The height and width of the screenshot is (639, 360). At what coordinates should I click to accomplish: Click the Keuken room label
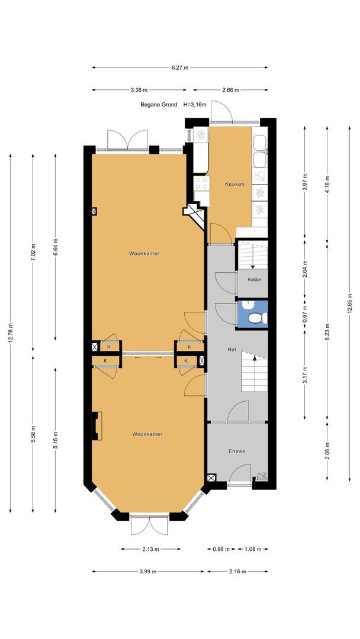(x=234, y=184)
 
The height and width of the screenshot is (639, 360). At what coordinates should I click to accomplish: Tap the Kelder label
(x=255, y=279)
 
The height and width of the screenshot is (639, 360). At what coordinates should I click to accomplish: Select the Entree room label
(x=236, y=451)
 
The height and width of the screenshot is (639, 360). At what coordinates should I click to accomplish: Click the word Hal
(x=233, y=349)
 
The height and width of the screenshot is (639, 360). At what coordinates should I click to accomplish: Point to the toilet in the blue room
(x=257, y=318)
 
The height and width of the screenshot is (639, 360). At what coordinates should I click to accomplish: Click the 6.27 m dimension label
(x=180, y=67)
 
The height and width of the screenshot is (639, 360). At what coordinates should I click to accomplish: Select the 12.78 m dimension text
(x=11, y=333)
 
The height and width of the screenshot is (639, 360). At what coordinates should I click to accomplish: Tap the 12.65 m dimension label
(x=349, y=303)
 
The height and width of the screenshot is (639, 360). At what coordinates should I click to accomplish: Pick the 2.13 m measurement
(x=150, y=549)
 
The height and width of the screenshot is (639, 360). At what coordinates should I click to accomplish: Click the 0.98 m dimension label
(x=221, y=549)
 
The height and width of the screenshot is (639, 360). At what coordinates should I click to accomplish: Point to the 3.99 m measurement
(x=147, y=572)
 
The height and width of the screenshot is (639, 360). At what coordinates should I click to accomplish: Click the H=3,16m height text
(x=195, y=104)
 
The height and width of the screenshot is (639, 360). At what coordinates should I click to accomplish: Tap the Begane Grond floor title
(x=159, y=104)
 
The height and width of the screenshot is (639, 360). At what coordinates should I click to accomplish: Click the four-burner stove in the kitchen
(x=201, y=183)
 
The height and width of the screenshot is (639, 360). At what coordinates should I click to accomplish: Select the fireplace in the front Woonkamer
(x=97, y=426)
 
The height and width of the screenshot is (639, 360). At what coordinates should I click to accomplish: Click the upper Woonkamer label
(x=144, y=253)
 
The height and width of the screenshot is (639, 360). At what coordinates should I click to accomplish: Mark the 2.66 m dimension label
(x=231, y=90)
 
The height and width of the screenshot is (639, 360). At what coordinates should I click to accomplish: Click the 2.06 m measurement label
(x=327, y=450)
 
